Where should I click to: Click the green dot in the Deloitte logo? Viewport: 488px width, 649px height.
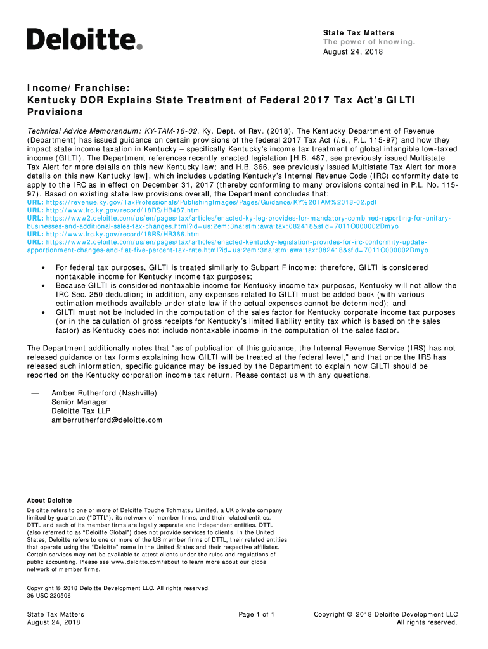coord(139,46)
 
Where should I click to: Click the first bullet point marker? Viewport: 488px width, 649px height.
coord(42,268)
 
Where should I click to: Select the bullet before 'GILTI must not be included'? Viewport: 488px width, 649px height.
coord(42,312)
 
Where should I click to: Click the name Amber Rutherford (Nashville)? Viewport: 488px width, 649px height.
coord(104,393)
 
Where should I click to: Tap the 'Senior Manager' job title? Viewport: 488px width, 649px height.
coord(79,402)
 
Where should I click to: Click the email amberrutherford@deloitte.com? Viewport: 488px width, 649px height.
coord(106,420)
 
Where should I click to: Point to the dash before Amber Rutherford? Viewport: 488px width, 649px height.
coord(35,393)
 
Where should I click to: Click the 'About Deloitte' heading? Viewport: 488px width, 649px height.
coord(49,501)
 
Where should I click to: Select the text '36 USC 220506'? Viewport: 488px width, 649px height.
coord(49,596)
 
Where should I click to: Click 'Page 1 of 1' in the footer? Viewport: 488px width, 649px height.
coord(256,614)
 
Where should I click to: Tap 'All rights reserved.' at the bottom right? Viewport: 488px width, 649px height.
coord(427,622)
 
